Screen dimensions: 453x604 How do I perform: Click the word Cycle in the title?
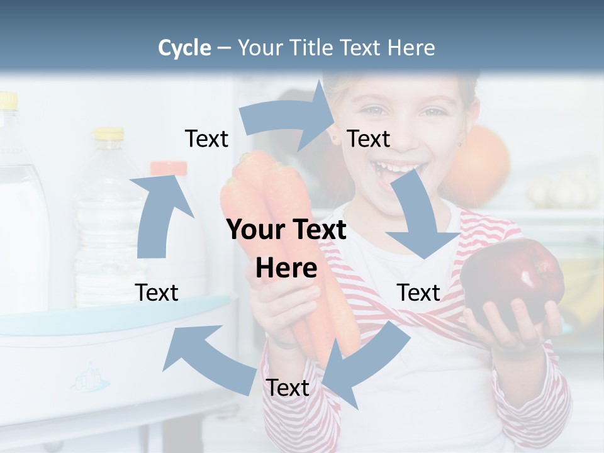pos(184,48)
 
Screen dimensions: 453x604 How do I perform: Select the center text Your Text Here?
pos(286,249)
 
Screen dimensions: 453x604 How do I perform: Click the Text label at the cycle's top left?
pos(206,139)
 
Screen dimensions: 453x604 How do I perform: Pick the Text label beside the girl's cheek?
pos(369,139)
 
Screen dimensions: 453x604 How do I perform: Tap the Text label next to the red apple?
pos(418,293)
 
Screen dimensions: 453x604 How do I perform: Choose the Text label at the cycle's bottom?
pos(288,388)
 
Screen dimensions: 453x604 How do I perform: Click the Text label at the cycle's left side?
pos(157,293)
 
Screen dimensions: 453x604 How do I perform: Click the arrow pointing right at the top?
pos(289,120)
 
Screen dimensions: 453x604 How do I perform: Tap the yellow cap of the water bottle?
pos(109,133)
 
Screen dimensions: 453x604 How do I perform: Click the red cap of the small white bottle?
pos(168,168)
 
